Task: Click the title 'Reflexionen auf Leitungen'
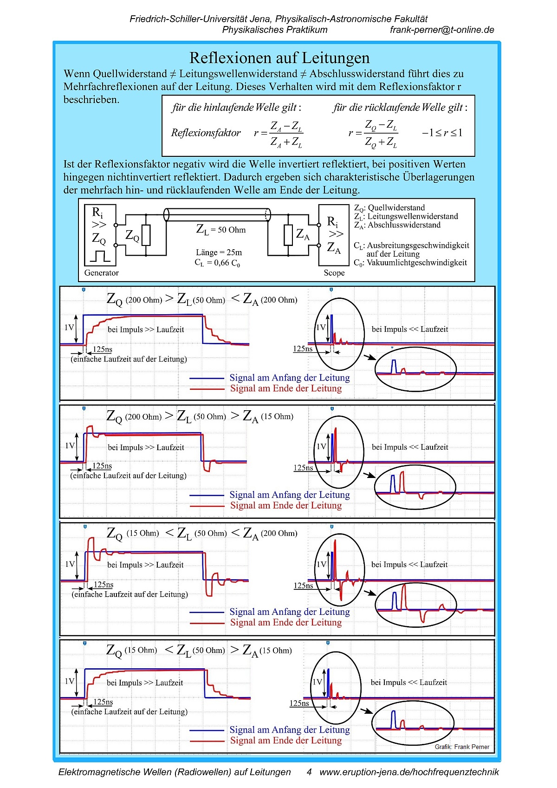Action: coord(279,58)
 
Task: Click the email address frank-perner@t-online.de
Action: coord(442,30)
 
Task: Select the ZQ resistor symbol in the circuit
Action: coord(146,235)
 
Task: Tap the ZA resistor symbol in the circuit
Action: coord(288,235)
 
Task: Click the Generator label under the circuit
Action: coord(101,273)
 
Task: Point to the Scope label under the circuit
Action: coord(334,273)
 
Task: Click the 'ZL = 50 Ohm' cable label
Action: coord(221,229)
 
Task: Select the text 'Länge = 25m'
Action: coord(219,252)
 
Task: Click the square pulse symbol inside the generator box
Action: coord(100,256)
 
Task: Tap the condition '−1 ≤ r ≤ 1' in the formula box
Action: coord(442,133)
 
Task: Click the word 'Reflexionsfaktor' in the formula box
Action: coord(206,133)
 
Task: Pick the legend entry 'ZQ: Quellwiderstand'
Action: coord(389,208)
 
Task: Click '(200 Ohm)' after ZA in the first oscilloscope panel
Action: coord(279,300)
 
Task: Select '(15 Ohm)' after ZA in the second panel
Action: coord(277,416)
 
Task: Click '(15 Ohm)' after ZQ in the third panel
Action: coord(142,533)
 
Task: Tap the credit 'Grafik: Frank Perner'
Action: coord(462,747)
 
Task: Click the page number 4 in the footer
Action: coord(309,772)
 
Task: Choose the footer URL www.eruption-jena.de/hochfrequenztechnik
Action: coord(409,772)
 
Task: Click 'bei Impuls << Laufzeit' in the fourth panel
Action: coord(408,682)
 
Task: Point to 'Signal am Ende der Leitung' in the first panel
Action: coord(286,388)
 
